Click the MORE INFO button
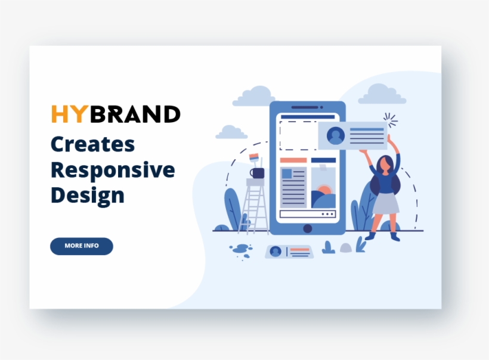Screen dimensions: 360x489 pos(82,246)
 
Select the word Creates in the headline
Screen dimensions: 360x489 pos(92,144)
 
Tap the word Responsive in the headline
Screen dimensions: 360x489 pos(113,170)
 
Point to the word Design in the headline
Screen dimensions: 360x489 pos(88,195)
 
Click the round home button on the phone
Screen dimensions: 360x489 pos(307,228)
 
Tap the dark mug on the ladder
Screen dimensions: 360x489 pos(257,173)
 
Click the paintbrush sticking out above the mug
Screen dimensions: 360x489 pos(254,159)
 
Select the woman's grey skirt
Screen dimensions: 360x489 pos(386,203)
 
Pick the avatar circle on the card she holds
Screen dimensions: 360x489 pos(336,136)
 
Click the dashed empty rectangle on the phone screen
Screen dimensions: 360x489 pos(298,135)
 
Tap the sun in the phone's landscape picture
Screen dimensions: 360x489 pos(324,192)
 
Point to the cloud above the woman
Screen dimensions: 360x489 pos(382,94)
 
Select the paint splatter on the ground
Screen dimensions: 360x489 pos(241,249)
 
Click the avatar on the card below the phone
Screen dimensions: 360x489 pos(275,252)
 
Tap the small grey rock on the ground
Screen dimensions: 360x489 pos(345,247)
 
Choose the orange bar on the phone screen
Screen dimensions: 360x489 pos(293,160)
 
